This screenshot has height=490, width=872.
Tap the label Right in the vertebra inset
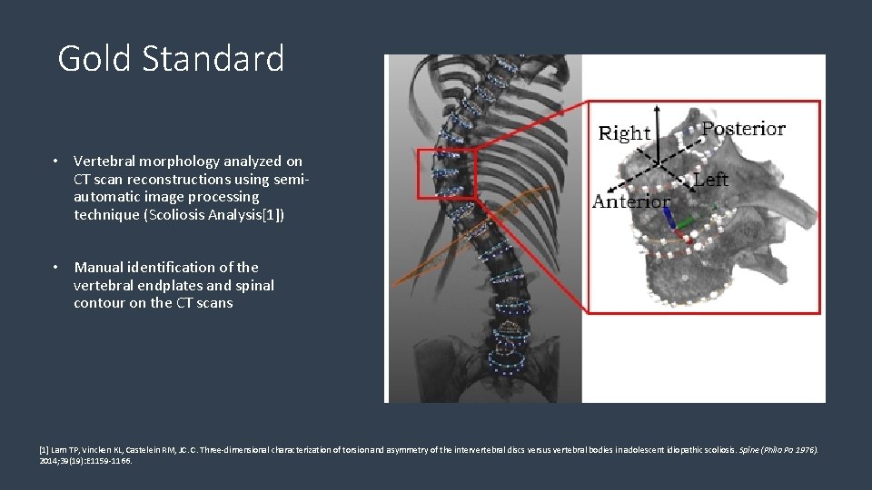click(x=625, y=134)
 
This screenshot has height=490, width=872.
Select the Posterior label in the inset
click(x=744, y=129)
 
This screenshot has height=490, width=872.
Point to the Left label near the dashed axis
click(x=710, y=180)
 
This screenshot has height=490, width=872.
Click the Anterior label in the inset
click(x=631, y=201)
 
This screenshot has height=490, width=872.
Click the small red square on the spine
click(x=447, y=173)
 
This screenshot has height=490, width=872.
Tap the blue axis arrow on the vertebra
click(x=669, y=219)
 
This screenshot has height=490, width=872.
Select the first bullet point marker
click(x=55, y=162)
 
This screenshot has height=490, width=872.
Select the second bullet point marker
click(x=55, y=268)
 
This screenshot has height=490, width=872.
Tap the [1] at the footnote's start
click(x=44, y=449)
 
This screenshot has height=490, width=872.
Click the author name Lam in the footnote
click(x=58, y=449)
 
